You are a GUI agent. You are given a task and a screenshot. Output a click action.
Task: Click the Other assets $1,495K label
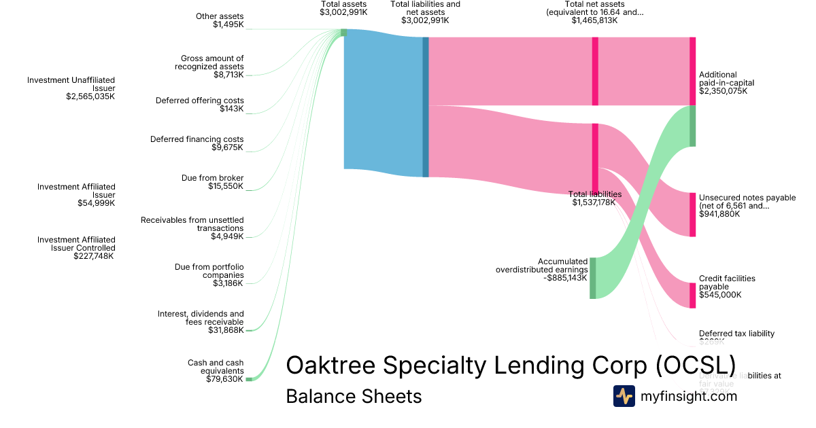219,20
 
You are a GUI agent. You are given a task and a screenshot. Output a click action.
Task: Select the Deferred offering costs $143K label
199,105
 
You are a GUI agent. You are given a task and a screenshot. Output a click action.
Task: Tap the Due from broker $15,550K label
212,182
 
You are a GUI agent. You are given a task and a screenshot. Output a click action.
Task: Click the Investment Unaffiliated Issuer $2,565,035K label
71,88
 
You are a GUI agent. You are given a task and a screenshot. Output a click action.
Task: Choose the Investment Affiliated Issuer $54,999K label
76,194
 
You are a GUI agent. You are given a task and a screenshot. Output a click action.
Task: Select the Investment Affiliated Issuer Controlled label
76,248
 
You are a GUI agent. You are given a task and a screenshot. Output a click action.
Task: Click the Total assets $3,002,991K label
343,8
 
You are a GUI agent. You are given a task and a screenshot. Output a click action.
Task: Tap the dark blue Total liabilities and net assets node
426,107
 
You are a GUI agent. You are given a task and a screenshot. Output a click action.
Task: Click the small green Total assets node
343,33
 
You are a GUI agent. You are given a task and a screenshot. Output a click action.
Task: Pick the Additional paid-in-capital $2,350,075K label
726,83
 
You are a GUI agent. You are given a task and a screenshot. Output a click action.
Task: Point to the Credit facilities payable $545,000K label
726,287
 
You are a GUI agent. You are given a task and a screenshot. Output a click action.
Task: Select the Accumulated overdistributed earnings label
541,269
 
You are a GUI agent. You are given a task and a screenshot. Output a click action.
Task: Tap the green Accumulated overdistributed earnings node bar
593,278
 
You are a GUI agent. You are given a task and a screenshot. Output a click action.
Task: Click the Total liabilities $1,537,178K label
594,198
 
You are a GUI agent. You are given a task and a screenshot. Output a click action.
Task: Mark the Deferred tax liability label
736,334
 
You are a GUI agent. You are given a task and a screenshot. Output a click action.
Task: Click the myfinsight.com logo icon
624,396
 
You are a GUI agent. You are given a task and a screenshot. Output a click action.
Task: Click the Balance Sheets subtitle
354,397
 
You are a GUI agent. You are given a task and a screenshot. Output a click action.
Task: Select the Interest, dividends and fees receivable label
201,322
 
